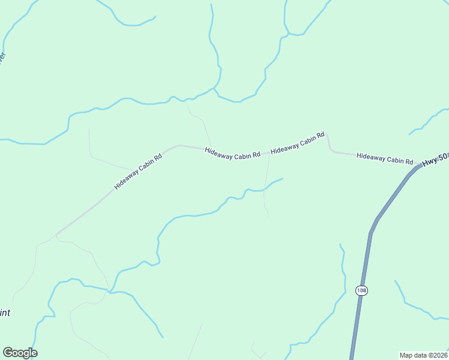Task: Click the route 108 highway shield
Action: click(361, 290)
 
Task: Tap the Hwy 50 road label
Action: click(435, 160)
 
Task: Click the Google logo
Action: click(20, 353)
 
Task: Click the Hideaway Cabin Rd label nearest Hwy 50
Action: click(385, 158)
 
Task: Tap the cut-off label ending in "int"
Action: click(5, 313)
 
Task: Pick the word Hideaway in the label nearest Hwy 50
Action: click(370, 157)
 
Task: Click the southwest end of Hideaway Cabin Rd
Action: click(56, 234)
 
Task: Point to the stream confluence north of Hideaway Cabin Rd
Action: click(214, 89)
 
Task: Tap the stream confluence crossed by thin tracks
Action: click(109, 292)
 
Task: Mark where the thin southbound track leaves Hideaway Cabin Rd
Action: click(269, 155)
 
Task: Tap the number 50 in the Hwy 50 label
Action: click(443, 157)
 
